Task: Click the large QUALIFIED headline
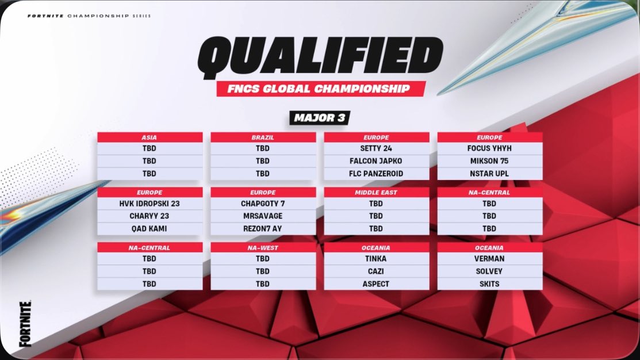coord(320,59)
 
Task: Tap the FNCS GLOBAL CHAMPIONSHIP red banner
coord(321,89)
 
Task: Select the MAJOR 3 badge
coord(320,118)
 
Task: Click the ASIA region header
coord(150,137)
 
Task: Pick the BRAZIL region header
coord(263,137)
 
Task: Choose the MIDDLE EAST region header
coord(376,192)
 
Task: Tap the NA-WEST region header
coord(263,247)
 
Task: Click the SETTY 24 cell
coord(376,148)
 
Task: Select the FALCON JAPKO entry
coord(376,161)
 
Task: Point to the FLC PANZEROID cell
coord(376,174)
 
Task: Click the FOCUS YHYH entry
coord(489,148)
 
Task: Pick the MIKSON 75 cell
coord(489,161)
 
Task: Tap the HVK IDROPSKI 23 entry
coord(150,203)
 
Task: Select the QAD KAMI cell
coord(150,228)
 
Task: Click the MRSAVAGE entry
coord(263,216)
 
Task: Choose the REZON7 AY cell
coord(263,228)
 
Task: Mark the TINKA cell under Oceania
coord(376,259)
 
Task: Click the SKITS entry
coord(489,284)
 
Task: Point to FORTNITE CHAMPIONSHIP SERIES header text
coord(89,16)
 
